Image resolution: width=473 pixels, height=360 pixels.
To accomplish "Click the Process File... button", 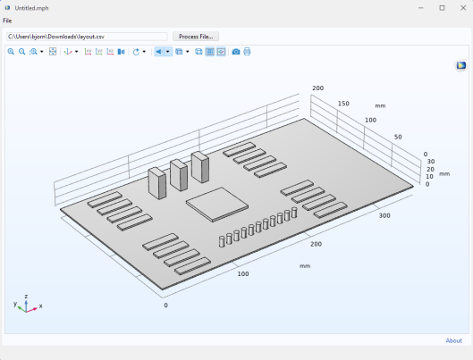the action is [196, 37].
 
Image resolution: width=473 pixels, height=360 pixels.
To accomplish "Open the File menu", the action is [7, 21].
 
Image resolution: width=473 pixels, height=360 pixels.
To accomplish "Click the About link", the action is [453, 340].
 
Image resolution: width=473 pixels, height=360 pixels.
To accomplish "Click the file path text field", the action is [87, 37].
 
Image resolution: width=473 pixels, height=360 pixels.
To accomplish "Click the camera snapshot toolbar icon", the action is [236, 52].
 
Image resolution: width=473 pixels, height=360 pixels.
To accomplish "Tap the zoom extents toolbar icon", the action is [53, 52].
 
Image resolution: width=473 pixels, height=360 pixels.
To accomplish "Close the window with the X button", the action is [463, 8].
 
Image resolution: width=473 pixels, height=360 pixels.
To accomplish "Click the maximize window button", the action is [442, 8].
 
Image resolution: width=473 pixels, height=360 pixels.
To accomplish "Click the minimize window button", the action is [421, 8].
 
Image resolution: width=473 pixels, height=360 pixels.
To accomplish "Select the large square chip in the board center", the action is [217, 205].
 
